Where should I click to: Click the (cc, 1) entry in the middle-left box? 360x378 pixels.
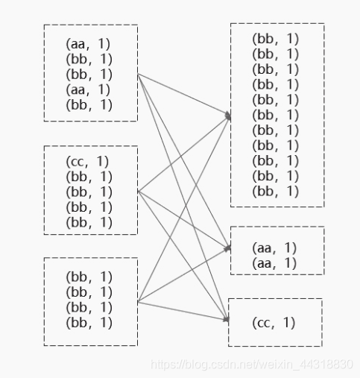pyautogui.click(x=87, y=162)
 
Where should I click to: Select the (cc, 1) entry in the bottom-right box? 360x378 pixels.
pyautogui.click(x=274, y=323)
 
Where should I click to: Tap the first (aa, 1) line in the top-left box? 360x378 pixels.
pyautogui.click(x=88, y=44)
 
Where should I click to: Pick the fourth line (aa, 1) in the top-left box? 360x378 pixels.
pyautogui.click(x=88, y=89)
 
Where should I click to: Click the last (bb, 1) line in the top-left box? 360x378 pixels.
pyautogui.click(x=89, y=104)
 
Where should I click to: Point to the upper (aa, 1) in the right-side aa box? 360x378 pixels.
pyautogui.click(x=274, y=248)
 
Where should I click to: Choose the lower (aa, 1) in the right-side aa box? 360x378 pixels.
pyautogui.click(x=274, y=263)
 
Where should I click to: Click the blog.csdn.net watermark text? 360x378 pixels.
pyautogui.click(x=252, y=365)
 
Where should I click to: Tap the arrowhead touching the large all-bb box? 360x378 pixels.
pyautogui.click(x=228, y=116)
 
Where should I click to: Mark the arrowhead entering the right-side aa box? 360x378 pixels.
pyautogui.click(x=228, y=248)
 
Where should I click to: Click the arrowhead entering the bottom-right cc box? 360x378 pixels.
pyautogui.click(x=226, y=319)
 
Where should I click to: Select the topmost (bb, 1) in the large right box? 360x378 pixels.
pyautogui.click(x=275, y=39)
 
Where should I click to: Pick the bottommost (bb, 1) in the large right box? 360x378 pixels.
pyautogui.click(x=275, y=192)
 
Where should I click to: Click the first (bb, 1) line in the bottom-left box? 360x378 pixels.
pyautogui.click(x=89, y=277)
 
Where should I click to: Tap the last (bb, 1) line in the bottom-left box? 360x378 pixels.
pyautogui.click(x=89, y=323)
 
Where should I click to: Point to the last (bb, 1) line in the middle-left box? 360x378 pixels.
pyautogui.click(x=89, y=222)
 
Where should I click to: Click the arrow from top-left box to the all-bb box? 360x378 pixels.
pyautogui.click(x=184, y=95)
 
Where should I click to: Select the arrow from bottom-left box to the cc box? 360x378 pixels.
pyautogui.click(x=183, y=311)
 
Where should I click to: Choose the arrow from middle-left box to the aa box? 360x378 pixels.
pyautogui.click(x=184, y=220)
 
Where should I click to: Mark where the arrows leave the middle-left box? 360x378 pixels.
pyautogui.click(x=138, y=192)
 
